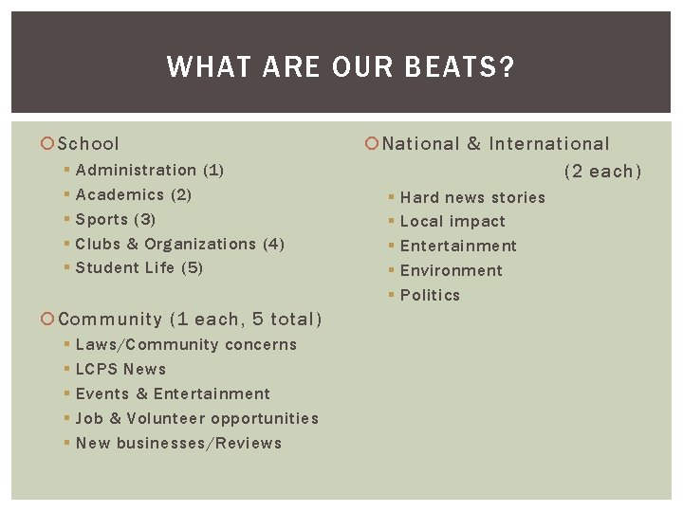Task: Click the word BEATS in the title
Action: [466, 67]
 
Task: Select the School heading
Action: [88, 144]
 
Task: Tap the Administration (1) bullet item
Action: [149, 171]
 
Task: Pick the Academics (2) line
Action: [133, 195]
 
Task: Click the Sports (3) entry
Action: [115, 219]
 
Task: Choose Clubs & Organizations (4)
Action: [179, 244]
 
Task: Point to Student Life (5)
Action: [138, 268]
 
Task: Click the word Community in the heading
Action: [110, 320]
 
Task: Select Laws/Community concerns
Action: [186, 345]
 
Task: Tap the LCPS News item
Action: [120, 370]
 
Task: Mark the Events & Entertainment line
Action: [173, 394]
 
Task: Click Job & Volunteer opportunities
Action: [196, 419]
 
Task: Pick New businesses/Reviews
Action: [178, 444]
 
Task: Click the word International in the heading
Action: [549, 144]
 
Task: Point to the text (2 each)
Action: [602, 172]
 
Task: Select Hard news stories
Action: [472, 198]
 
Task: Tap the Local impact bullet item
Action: [452, 222]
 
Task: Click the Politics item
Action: [430, 296]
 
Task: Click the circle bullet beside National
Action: [372, 144]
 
